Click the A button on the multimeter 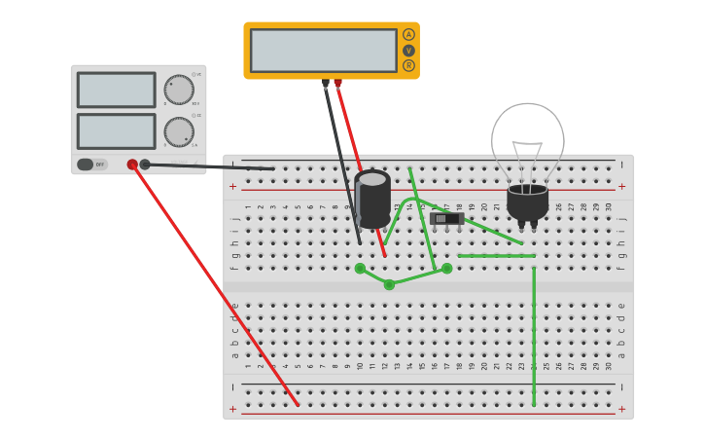(x=408, y=34)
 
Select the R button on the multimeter (x=408, y=65)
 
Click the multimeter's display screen (x=323, y=51)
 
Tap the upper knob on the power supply (x=179, y=90)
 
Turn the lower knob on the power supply (x=179, y=131)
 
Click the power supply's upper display (x=116, y=90)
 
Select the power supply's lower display (x=116, y=131)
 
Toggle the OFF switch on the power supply (x=92, y=165)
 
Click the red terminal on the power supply (x=132, y=165)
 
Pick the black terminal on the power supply (x=145, y=165)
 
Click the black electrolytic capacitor (x=372, y=199)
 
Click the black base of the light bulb (x=527, y=202)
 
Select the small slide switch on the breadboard (x=445, y=218)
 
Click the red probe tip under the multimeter (x=337, y=83)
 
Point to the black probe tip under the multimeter (x=326, y=83)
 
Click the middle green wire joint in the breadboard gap (x=389, y=284)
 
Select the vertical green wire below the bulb (x=534, y=331)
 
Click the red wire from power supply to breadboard (x=214, y=282)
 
